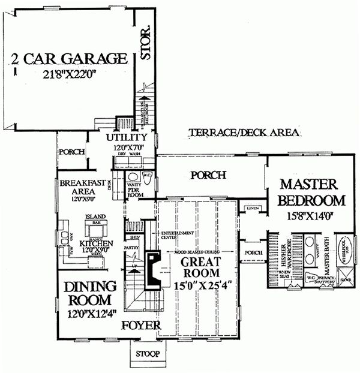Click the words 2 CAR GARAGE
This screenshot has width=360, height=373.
pyautogui.click(x=70, y=58)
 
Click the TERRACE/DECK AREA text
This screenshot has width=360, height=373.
pyautogui.click(x=243, y=133)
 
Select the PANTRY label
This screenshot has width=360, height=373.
pyautogui.click(x=131, y=247)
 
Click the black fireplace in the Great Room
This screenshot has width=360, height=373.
pyautogui.click(x=154, y=269)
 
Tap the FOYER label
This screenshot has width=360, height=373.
pyautogui.click(x=140, y=326)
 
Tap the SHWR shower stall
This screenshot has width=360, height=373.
pyautogui.click(x=346, y=279)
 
